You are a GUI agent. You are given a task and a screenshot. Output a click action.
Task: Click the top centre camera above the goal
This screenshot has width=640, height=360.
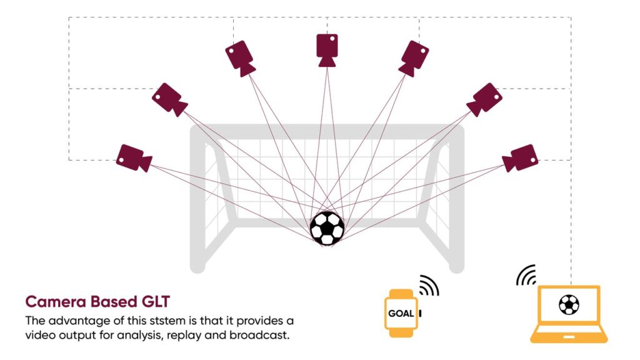click(x=327, y=50)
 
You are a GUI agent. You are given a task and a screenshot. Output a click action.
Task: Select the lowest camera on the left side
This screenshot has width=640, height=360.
click(x=134, y=158)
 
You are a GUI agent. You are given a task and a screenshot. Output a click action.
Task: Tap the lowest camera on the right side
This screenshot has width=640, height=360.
click(x=520, y=158)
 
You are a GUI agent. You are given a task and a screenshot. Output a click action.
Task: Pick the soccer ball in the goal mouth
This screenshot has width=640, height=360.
click(x=327, y=228)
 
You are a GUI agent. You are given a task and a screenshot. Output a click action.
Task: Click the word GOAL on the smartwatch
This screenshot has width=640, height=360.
click(x=401, y=314)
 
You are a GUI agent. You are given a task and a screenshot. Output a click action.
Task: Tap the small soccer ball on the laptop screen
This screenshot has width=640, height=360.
click(x=569, y=304)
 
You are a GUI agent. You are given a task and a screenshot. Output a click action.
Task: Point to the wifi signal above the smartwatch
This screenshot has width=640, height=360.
click(x=429, y=285)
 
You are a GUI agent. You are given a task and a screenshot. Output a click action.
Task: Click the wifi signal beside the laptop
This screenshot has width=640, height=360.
click(x=526, y=275)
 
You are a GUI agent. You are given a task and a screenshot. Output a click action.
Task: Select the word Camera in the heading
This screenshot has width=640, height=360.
click(x=56, y=302)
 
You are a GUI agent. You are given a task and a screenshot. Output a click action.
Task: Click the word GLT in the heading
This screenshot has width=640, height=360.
click(x=156, y=302)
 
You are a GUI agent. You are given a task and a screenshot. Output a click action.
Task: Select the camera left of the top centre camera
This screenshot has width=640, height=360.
click(x=240, y=58)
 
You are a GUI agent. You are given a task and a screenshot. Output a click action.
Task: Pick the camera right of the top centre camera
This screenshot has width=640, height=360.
click(x=414, y=58)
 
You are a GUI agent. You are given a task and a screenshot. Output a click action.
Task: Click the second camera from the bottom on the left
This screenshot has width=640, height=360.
click(x=169, y=99)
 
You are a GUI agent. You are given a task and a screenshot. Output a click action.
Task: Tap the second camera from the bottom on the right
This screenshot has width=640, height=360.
click(x=484, y=99)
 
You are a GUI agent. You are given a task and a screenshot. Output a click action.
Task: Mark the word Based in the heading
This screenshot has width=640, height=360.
click(x=114, y=302)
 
